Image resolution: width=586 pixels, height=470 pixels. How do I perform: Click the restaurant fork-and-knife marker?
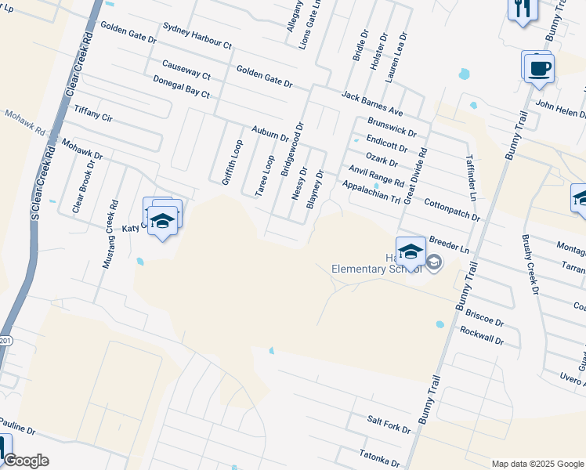pyautogui.click(x=521, y=9)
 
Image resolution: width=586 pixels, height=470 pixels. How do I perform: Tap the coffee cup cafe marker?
pyautogui.click(x=537, y=67)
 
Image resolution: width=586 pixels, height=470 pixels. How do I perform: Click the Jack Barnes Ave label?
pyautogui.click(x=371, y=103)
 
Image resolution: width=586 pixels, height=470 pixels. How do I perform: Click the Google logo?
pyautogui.click(x=26, y=461)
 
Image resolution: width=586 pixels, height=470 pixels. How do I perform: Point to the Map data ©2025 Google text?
pyautogui.click(x=537, y=464)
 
